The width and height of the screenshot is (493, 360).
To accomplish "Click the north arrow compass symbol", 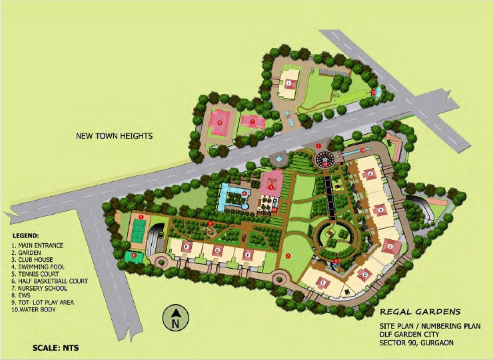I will pyautogui.click(x=175, y=318).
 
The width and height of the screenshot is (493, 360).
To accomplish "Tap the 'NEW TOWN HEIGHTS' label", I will pyautogui.click(x=115, y=136).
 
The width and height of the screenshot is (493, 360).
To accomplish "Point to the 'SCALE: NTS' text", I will pyautogui.click(x=56, y=348).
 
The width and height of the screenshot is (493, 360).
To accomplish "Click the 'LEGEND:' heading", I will pyautogui.click(x=25, y=236).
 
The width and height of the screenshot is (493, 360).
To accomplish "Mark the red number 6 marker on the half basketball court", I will pyautogui.click(x=134, y=254).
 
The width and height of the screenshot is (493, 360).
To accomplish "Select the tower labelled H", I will pyautogui.click(x=187, y=247).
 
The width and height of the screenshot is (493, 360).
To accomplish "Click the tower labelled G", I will pyautogui.click(x=217, y=250).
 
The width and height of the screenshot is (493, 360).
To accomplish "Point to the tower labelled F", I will pyautogui.click(x=248, y=253).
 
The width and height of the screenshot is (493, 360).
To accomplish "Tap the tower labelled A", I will pyautogui.click(x=370, y=175).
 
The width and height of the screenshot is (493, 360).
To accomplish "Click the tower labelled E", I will pyautogui.click(x=323, y=282).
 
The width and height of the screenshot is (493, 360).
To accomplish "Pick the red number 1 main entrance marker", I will pyautogui.click(x=318, y=145).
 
